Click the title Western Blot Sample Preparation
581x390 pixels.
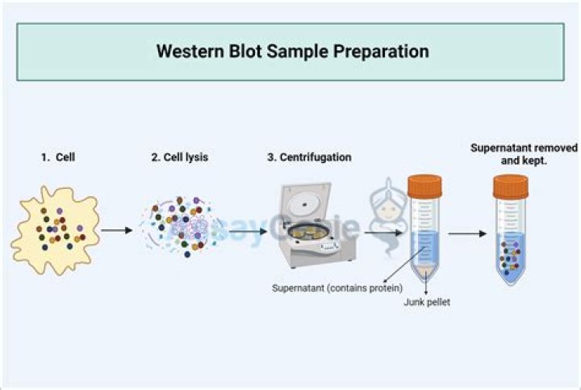coord(292,52)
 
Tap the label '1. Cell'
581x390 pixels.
coord(58,157)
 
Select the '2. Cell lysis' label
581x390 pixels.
coord(179,157)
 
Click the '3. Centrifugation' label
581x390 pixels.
coord(309,157)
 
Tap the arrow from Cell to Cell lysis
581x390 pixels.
coord(117,231)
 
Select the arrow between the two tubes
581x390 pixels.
coord(467,234)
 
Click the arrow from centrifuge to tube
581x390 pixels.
coord(380,232)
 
